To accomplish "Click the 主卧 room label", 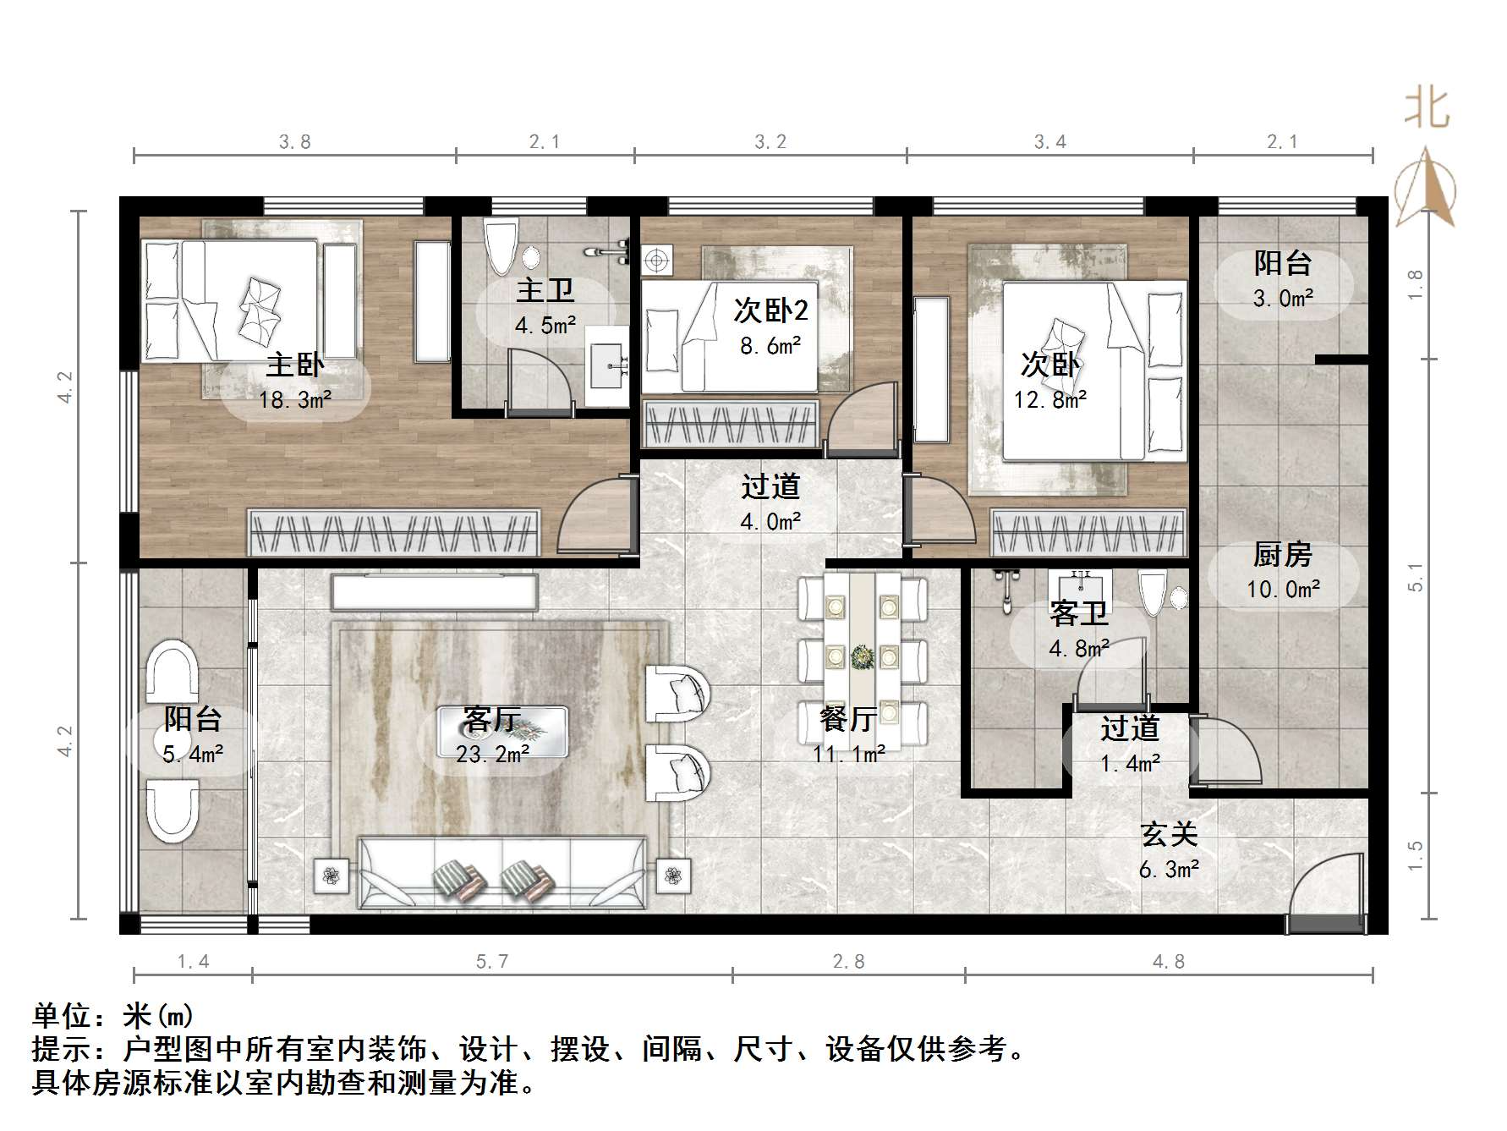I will coord(294,365).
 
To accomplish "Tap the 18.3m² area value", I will coord(294,399).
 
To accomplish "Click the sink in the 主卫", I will coord(609,365).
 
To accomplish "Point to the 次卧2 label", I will coord(770,310).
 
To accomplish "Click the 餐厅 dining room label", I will coord(848,719).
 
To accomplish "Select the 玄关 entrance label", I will coord(1169,834).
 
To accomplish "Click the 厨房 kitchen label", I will coord(1282,555).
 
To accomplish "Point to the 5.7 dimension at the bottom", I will coord(492,961).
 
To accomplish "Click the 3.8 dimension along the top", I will coord(295,142).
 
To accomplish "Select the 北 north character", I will coord(1427,108).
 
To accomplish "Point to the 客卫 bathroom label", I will coord(1078,613).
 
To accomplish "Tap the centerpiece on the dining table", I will coord(863,656).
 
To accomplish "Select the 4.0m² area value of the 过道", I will coord(770,522).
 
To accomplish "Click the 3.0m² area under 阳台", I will coord(1283,298).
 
